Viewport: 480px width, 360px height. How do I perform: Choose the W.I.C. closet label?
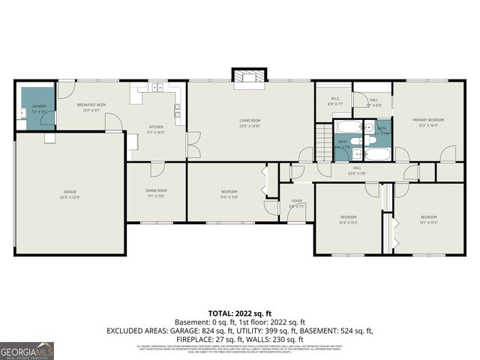(x=336, y=101)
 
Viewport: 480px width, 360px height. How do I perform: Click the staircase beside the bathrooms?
(x=323, y=142)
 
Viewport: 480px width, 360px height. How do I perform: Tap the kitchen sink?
(x=157, y=88)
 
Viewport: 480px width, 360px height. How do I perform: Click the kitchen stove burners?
(x=178, y=112)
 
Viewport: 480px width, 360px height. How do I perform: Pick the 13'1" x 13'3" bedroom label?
(x=428, y=219)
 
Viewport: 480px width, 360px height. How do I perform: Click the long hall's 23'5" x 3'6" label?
(x=357, y=170)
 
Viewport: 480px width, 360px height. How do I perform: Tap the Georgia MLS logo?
(x=27, y=349)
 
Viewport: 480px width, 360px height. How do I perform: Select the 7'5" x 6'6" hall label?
(x=373, y=103)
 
